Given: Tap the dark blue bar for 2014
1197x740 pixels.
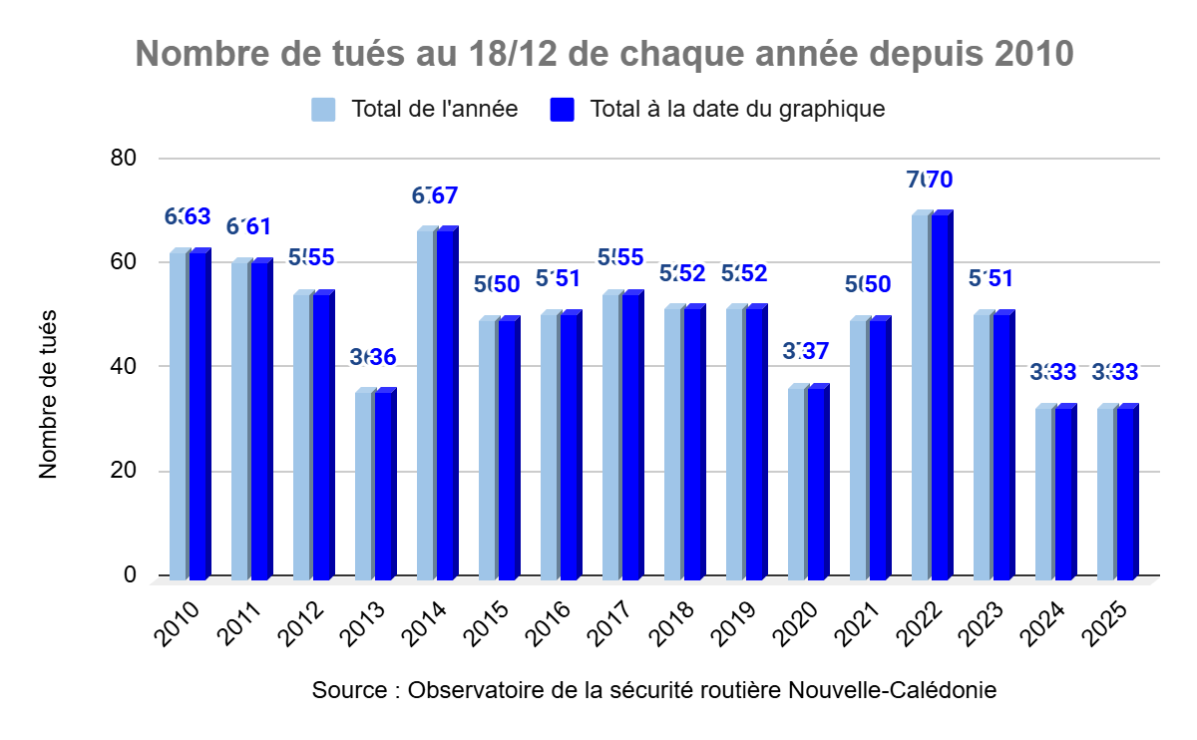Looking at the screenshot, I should click(445, 405).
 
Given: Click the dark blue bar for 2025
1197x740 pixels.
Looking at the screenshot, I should click(1125, 494).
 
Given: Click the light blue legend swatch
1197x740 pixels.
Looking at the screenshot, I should click(323, 109).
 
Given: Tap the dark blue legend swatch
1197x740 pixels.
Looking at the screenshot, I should click(563, 109).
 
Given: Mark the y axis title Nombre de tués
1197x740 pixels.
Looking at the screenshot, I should click(49, 394).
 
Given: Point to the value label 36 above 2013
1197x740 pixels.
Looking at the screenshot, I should click(379, 356).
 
